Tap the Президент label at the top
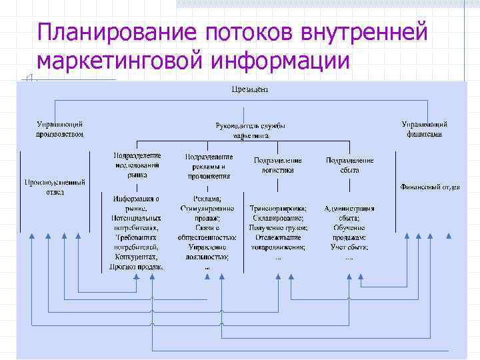tap(249, 89)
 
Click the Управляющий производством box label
tap(60, 129)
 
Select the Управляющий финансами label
tap(424, 129)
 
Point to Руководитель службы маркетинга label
tap(251, 130)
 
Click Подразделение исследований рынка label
tap(137, 165)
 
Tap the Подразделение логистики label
tap(278, 165)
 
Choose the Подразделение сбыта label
tap(349, 165)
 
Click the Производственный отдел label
tap(55, 186)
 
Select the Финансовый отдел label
tap(429, 187)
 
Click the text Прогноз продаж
tap(137, 266)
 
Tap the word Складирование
tap(278, 218)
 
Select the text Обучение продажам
tap(349, 233)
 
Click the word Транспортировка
tap(278, 208)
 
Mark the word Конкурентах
tap(137, 256)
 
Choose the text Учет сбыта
tap(349, 247)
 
